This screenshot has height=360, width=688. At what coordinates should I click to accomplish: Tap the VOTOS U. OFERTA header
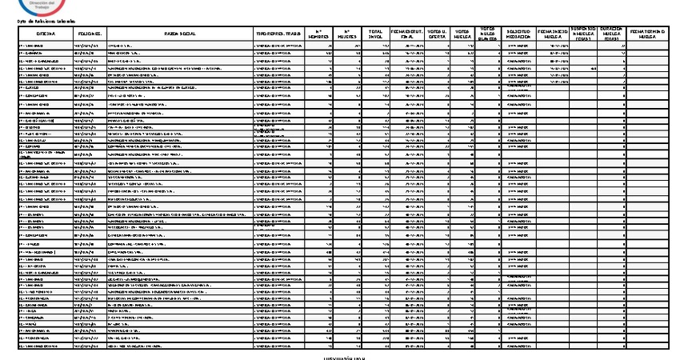pyautogui.click(x=437, y=34)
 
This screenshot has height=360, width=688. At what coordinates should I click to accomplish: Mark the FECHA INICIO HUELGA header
pyautogui.click(x=553, y=34)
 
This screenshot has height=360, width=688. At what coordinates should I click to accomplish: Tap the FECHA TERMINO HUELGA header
pyautogui.click(x=653, y=34)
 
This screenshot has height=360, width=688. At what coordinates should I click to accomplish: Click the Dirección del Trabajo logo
pyautogui.click(x=33, y=6)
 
